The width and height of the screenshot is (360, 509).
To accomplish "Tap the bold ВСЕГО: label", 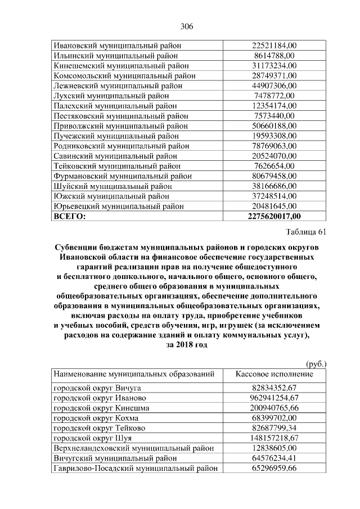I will tap(70, 216).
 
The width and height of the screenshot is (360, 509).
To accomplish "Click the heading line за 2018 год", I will tap(187, 345).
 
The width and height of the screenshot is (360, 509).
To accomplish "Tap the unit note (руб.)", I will tap(316, 364).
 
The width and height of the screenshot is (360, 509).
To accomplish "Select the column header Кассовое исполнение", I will tap(274, 374).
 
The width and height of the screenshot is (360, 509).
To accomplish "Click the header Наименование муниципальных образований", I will tap(134, 374).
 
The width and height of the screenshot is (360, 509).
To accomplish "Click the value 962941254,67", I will tap(274, 398).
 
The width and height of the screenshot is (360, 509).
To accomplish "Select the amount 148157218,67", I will tap(274, 438).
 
